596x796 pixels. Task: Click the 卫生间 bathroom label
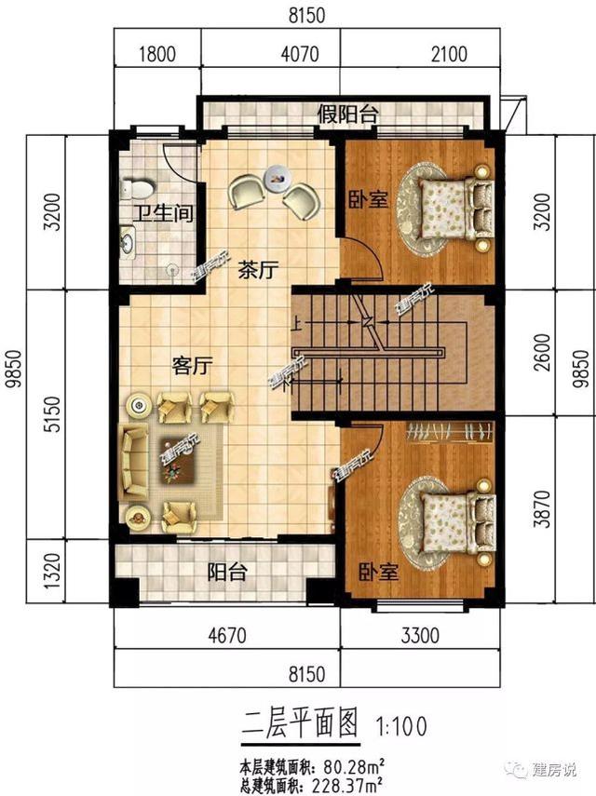(x=161, y=214)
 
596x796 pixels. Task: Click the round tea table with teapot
(x=277, y=174)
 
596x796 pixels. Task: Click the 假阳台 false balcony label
(x=347, y=115)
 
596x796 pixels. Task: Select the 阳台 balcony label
(x=226, y=572)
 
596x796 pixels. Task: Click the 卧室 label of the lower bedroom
(x=378, y=572)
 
